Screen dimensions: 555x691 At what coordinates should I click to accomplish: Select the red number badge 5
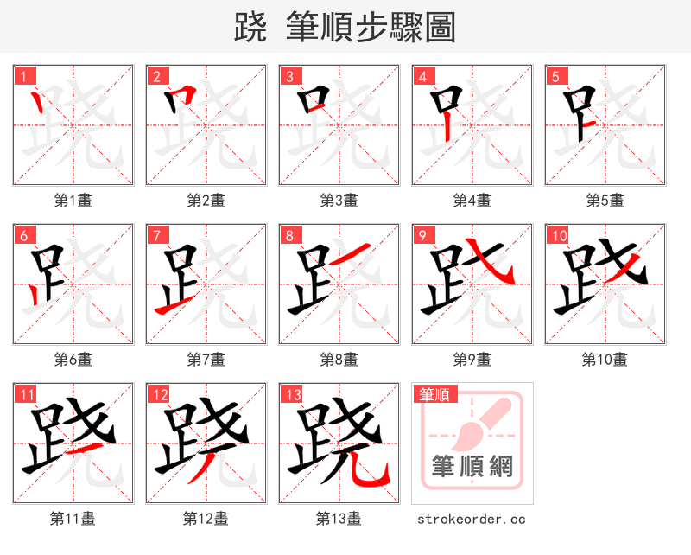click(555, 76)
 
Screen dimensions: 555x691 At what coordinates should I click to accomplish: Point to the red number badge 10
click(558, 235)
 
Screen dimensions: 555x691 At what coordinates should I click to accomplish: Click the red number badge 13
click(292, 395)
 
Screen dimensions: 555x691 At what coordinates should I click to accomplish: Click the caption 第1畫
click(73, 200)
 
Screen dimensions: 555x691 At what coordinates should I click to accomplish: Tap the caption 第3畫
click(339, 200)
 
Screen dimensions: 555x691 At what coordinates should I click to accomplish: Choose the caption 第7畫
click(206, 359)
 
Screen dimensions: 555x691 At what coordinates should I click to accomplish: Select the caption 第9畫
click(472, 359)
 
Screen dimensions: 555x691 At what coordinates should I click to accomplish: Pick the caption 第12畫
click(206, 519)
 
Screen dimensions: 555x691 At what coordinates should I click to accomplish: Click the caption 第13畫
click(339, 519)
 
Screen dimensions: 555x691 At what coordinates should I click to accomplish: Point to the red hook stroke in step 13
click(373, 476)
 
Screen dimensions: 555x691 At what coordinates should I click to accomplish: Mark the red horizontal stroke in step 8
click(351, 255)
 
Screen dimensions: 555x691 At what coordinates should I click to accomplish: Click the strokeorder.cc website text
click(472, 520)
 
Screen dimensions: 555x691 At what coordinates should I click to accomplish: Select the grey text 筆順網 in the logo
click(472, 468)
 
